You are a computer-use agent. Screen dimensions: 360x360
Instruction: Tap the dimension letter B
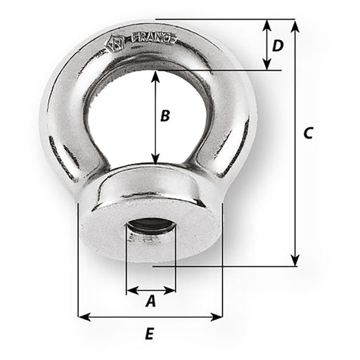pos(165,116)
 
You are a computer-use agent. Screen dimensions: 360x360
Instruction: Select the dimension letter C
pos(307,133)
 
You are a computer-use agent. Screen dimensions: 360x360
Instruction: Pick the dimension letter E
pos(149,335)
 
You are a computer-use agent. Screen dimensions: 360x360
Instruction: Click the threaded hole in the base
pos(150,233)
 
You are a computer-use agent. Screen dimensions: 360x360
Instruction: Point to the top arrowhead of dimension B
pos(155,74)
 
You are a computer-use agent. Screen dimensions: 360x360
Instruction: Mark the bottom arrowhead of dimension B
pos(155,160)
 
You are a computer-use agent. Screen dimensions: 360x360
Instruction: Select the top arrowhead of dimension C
pos(295,23)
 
